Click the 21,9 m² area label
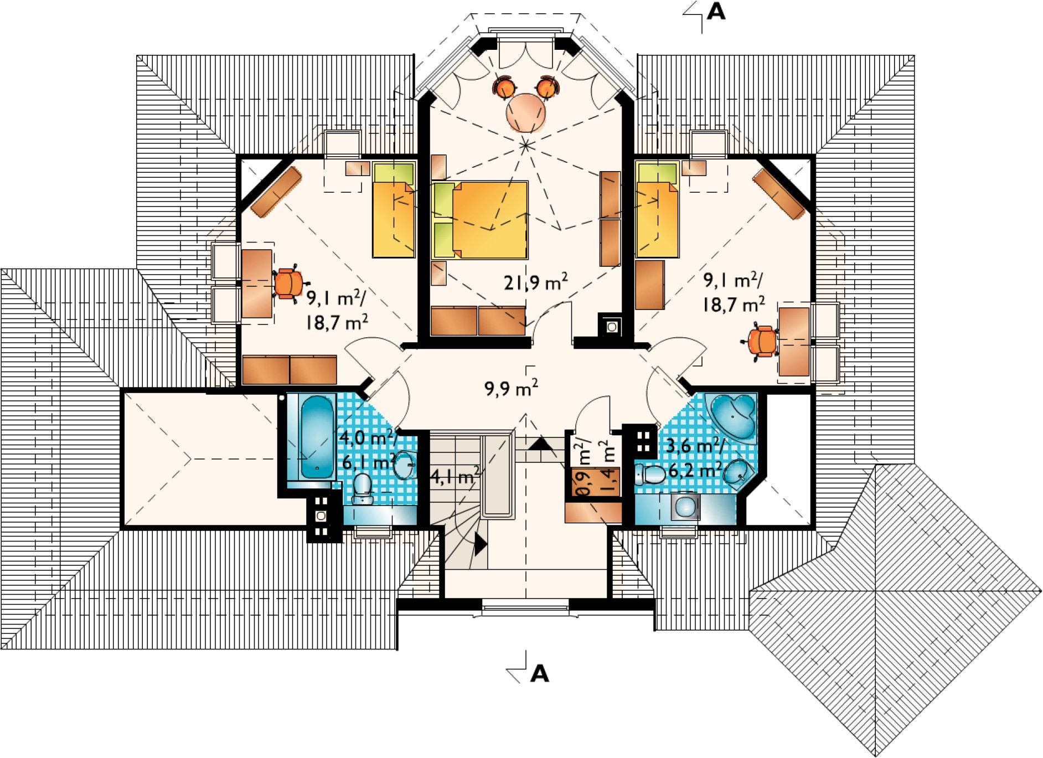coord(535,282)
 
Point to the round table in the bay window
coord(525,112)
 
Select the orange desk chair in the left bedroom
coord(289,283)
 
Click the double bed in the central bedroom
coord(480,220)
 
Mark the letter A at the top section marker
coord(716,12)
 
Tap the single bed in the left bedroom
coord(394,210)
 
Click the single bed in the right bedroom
coord(657,210)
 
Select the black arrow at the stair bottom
coord(481,544)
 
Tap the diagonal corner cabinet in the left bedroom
coord(276,192)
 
